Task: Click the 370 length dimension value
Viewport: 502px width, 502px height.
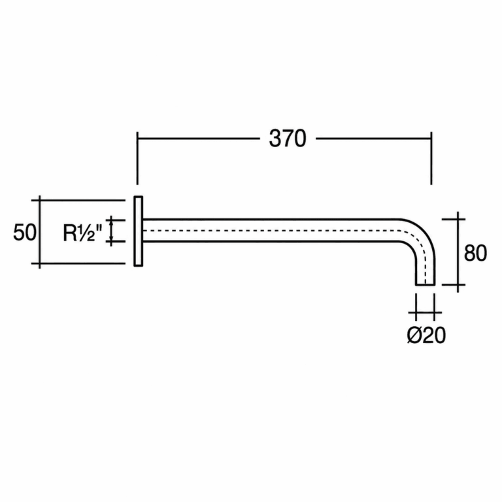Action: (x=288, y=139)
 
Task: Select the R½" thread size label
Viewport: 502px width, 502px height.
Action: (x=82, y=233)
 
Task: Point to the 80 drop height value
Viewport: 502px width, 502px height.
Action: (x=475, y=253)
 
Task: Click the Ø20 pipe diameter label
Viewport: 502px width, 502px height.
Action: (x=426, y=335)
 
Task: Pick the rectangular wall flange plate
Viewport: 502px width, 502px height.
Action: (x=139, y=231)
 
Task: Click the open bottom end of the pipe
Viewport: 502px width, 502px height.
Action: (x=425, y=284)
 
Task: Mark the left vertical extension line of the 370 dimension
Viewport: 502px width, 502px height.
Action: (x=137, y=158)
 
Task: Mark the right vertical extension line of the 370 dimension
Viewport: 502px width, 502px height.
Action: (x=431, y=158)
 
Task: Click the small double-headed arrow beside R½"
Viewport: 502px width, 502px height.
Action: (x=111, y=231)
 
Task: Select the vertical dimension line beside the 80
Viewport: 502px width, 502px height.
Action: (x=458, y=252)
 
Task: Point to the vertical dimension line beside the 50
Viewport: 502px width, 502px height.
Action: (x=40, y=232)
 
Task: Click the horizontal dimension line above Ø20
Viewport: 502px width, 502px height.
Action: (x=425, y=312)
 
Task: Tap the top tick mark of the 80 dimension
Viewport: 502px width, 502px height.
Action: (x=454, y=220)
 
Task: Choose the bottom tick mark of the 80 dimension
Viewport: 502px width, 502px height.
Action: (x=454, y=284)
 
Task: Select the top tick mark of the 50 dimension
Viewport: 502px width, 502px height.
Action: (x=78, y=200)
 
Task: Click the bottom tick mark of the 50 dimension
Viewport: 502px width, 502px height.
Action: (x=78, y=263)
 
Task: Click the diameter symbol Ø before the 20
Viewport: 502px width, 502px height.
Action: (x=414, y=335)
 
